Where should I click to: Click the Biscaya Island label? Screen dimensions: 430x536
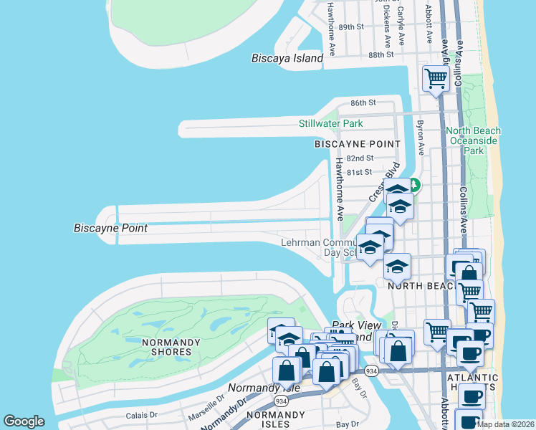click(x=287, y=59)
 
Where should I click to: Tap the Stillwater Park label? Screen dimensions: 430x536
click(x=331, y=123)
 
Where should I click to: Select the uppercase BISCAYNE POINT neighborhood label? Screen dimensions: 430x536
click(x=357, y=144)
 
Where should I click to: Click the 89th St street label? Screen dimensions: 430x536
click(x=352, y=27)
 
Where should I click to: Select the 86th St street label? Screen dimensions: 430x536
click(x=363, y=103)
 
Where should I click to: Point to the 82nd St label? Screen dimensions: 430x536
click(x=360, y=158)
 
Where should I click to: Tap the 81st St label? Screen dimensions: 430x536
click(x=359, y=172)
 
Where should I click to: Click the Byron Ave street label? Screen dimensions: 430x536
click(x=421, y=134)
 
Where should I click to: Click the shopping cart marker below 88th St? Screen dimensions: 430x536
click(x=436, y=78)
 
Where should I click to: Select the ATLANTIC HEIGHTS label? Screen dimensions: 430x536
click(x=472, y=383)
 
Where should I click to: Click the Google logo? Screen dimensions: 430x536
click(x=24, y=421)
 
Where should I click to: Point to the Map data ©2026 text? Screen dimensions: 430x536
click(x=506, y=424)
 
